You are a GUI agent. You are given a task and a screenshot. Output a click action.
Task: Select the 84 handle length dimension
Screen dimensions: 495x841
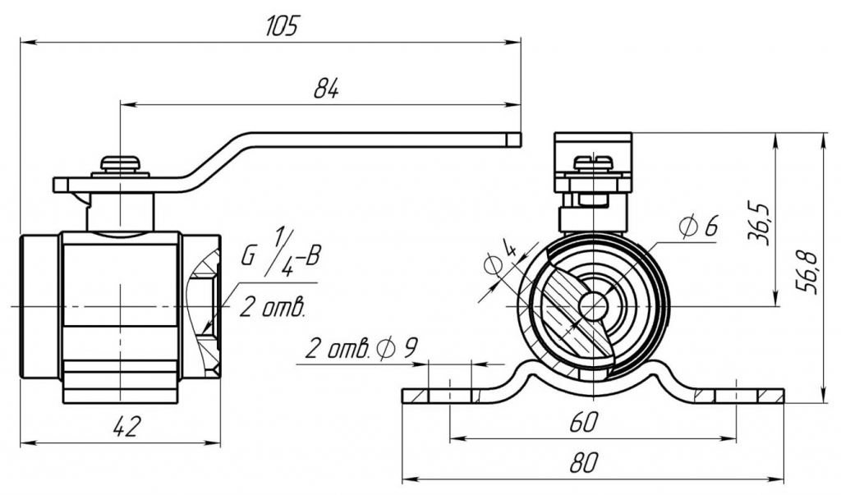(x=326, y=89)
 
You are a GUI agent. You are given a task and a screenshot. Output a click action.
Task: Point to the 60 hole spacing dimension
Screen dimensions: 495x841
(x=584, y=423)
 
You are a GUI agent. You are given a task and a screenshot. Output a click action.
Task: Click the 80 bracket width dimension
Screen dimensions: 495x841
(x=582, y=463)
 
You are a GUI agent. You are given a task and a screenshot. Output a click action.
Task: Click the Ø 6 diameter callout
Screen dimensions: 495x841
(x=699, y=225)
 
